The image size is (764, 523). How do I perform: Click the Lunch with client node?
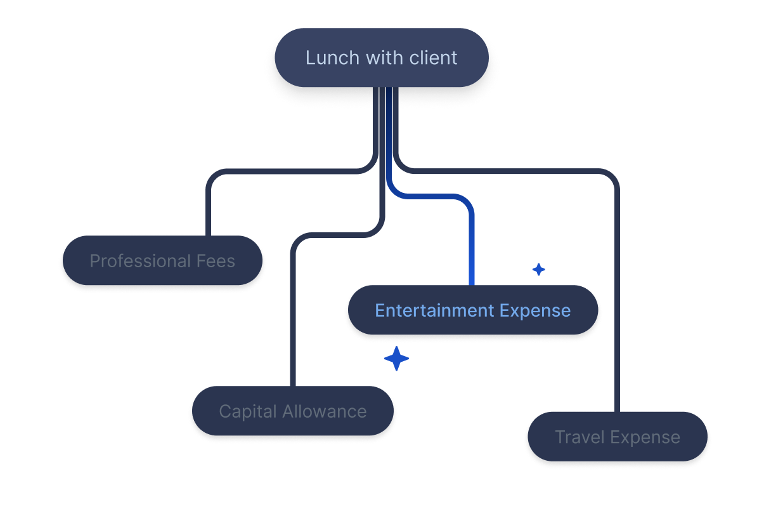tap(381, 58)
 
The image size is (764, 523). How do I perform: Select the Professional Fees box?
tap(162, 261)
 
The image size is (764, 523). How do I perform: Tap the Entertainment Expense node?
tap(473, 310)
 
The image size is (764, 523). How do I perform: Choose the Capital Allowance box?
tap(293, 411)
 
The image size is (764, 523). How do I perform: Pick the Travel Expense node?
tap(618, 437)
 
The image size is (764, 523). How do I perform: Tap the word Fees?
tap(216, 261)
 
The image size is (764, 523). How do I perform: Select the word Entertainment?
tap(434, 310)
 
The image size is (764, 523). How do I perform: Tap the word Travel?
tap(577, 437)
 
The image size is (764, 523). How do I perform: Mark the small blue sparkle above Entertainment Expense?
tap(538, 270)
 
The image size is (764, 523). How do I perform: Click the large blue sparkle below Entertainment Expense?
tap(396, 359)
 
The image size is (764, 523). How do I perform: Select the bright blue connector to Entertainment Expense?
tap(472, 241)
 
